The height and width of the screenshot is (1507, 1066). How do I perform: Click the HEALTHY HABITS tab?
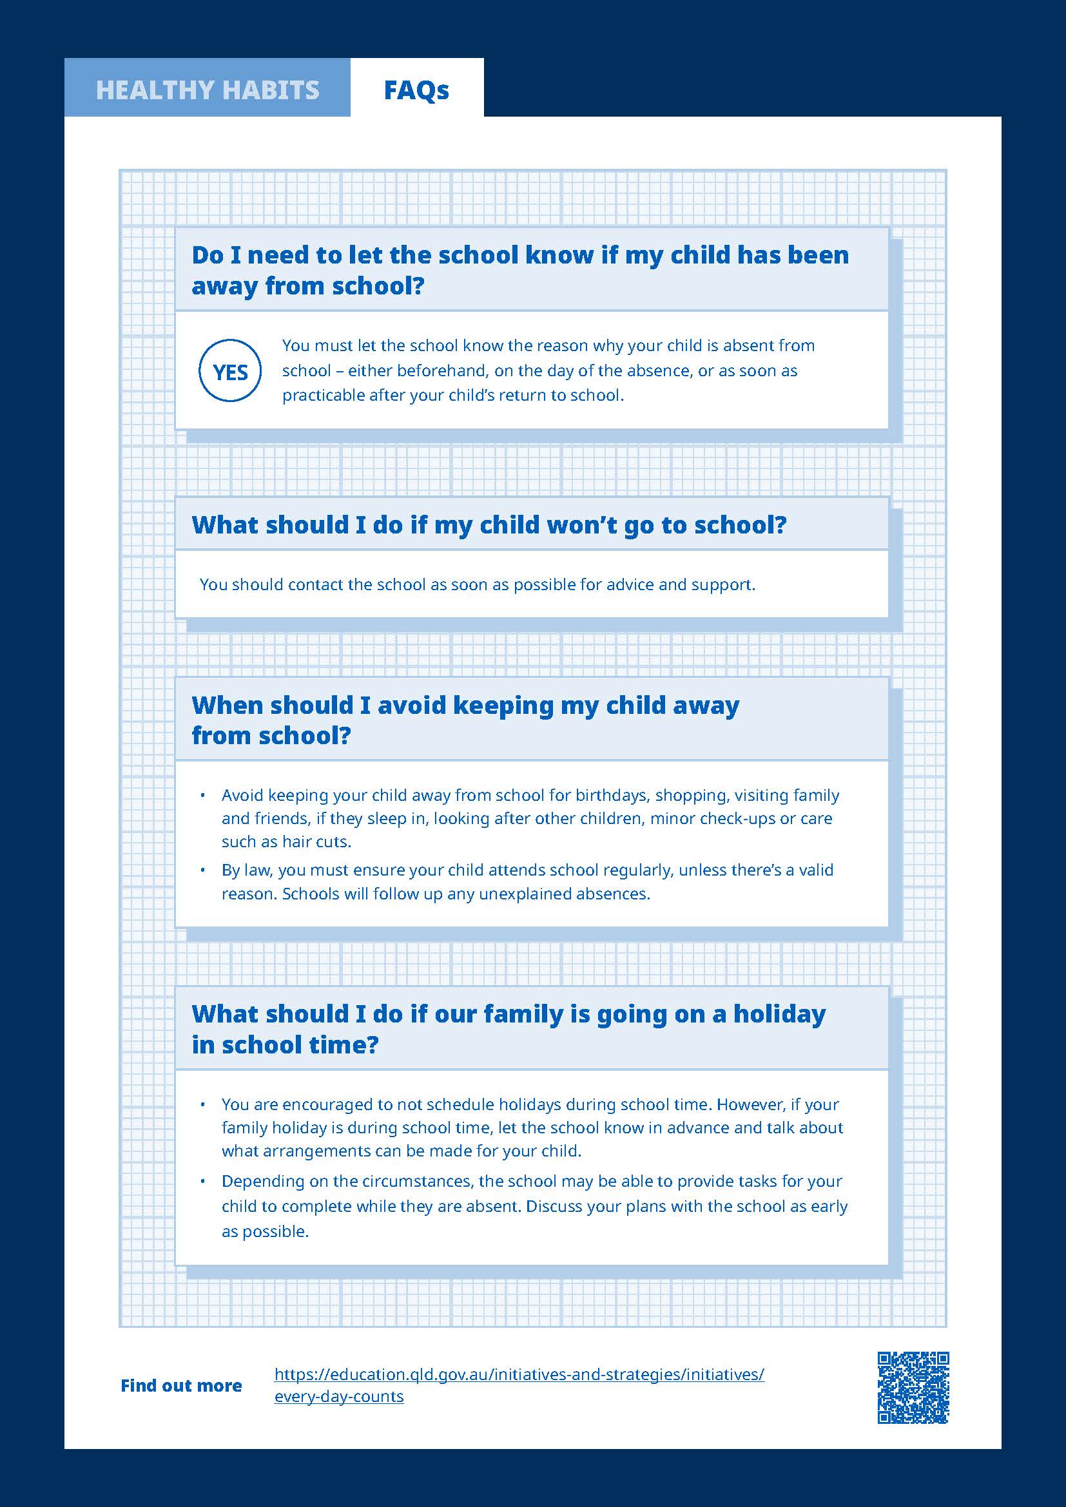[x=208, y=90]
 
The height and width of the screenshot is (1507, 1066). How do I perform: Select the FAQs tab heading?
[x=416, y=90]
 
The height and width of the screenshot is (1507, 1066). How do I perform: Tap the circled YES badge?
[x=229, y=372]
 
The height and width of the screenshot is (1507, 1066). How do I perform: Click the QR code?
[x=913, y=1388]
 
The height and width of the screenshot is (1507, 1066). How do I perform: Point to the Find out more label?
[x=181, y=1386]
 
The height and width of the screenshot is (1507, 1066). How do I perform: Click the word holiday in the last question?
[x=779, y=1014]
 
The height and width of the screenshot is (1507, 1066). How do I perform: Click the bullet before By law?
[x=204, y=870]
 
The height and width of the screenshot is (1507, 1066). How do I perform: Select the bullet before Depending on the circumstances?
[x=204, y=1182]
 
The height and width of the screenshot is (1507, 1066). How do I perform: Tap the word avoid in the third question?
[x=412, y=705]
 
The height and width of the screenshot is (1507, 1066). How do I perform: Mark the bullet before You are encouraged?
[x=204, y=1106]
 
